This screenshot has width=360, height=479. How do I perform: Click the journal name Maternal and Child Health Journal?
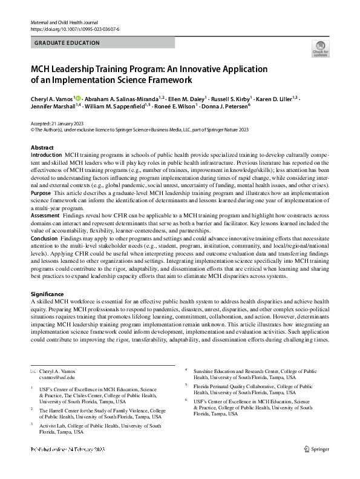click(x=59, y=22)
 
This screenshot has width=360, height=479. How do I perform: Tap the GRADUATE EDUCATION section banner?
click(x=68, y=44)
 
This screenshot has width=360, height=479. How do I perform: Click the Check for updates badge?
click(x=320, y=48)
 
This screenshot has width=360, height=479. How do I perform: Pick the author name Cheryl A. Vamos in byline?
click(x=51, y=98)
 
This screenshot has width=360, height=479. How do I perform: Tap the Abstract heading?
click(x=42, y=148)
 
